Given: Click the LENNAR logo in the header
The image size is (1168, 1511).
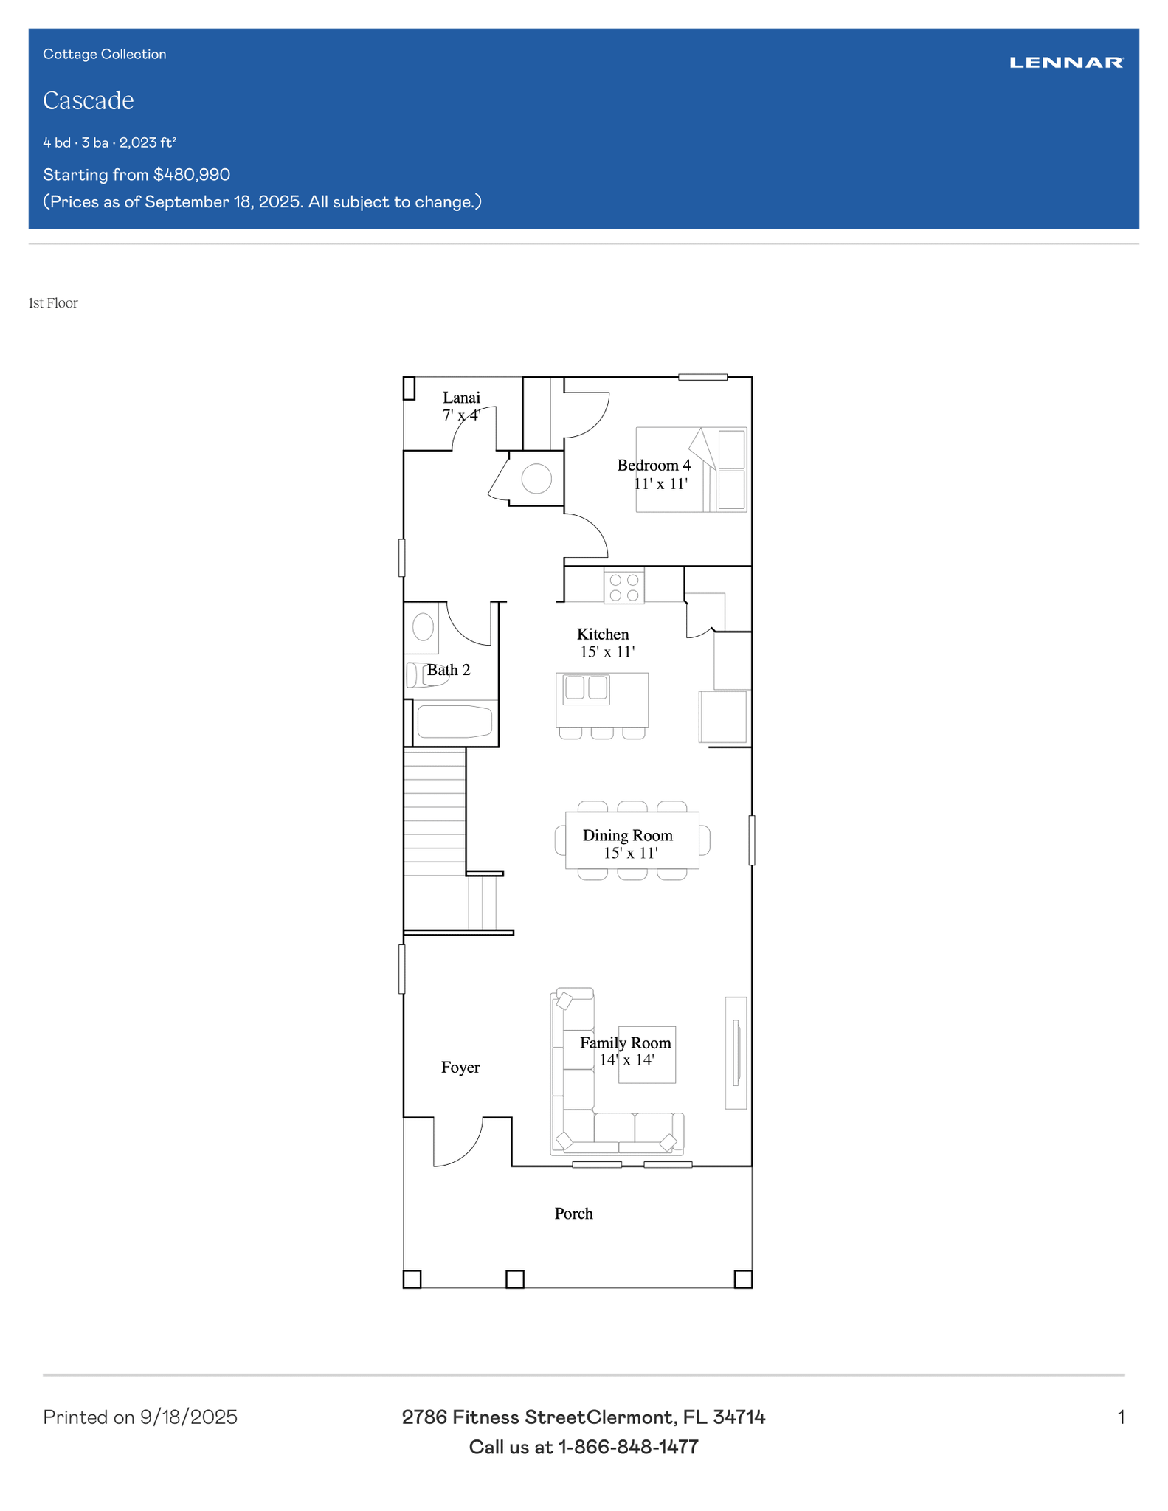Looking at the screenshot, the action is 1066,63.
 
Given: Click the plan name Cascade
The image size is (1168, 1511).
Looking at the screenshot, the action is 89,100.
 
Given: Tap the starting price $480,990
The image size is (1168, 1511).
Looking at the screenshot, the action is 192,175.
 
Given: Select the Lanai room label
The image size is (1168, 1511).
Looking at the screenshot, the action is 461,398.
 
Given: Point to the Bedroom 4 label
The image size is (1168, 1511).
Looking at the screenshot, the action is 654,466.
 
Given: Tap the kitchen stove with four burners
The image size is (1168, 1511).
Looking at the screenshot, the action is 624,587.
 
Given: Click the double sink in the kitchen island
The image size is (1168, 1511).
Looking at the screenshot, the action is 587,688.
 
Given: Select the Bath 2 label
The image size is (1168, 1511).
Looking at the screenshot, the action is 449,670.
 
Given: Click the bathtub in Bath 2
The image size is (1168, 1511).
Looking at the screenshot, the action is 455,722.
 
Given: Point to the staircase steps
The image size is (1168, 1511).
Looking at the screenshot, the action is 435,812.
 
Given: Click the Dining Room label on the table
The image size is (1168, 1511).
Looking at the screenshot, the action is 628,835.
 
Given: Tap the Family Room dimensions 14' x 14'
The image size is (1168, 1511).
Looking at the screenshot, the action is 626,1060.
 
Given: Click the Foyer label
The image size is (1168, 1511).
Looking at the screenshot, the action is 460,1068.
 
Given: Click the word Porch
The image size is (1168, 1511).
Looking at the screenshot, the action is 574,1214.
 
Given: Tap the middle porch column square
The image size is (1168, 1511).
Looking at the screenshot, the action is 515,1279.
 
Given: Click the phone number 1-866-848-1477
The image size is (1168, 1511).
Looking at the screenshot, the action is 628,1448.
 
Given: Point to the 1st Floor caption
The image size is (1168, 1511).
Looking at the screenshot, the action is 53,303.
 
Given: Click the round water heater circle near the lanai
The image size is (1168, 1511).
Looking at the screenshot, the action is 536,479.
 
